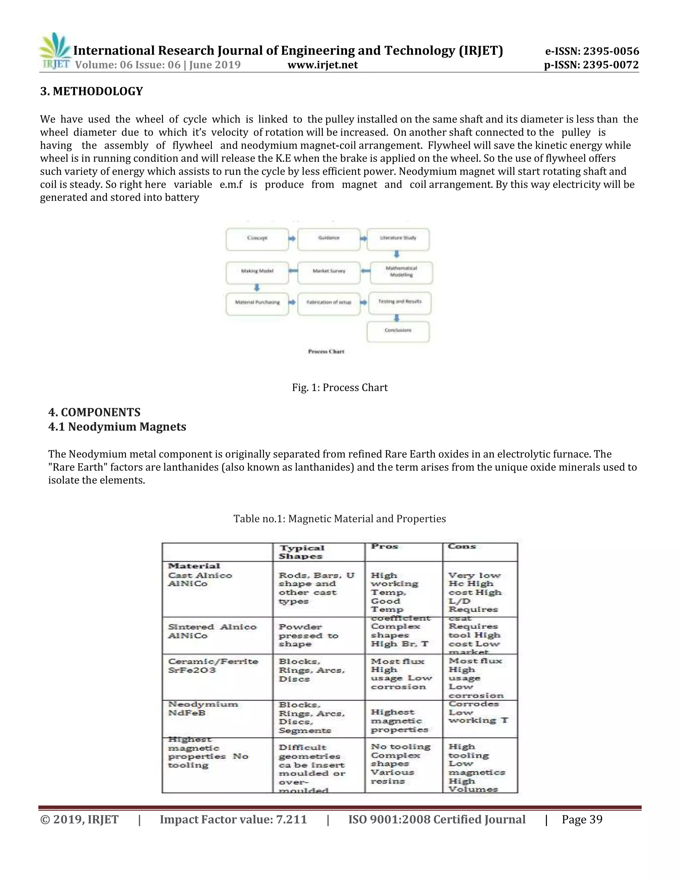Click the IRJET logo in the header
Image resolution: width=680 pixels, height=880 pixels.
pos(55,51)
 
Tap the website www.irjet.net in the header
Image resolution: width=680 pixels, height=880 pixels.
pos(322,65)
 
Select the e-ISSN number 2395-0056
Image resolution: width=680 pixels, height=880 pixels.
pos(592,51)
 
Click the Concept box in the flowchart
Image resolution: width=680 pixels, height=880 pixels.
pos(257,238)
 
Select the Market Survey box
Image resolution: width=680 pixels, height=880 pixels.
pos(329,271)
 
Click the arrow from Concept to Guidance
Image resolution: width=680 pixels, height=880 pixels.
pos(293,238)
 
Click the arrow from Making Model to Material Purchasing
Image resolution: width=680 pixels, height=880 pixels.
pos(257,288)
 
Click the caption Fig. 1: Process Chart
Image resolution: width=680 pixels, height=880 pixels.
pos(340,388)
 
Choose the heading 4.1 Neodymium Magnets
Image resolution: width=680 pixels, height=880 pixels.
pos(117,427)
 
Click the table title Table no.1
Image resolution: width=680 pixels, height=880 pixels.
pos(340,519)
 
